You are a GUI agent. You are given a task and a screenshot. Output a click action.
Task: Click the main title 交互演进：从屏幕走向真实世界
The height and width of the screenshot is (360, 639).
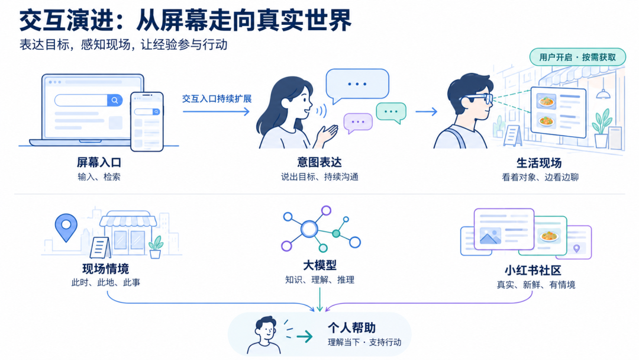pos(185,20)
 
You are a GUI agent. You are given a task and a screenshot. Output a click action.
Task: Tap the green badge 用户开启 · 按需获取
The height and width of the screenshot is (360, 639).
pos(577,57)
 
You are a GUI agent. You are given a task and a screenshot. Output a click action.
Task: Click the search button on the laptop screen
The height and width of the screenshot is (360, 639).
pos(115,100)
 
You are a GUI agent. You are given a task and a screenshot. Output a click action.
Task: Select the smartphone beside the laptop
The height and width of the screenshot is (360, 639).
pos(147,121)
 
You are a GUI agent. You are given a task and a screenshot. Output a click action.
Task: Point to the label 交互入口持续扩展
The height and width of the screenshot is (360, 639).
pos(217,99)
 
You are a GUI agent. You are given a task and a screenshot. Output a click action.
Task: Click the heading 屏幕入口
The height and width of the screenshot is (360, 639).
pos(99,163)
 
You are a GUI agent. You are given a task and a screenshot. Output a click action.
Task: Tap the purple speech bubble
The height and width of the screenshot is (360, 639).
pos(358,123)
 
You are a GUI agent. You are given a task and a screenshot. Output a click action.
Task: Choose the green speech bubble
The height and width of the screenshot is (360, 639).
pos(391,112)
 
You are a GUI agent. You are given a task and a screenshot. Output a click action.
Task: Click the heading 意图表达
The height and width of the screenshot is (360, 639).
pos(319,163)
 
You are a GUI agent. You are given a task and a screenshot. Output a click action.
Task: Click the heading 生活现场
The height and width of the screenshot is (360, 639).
pos(539,163)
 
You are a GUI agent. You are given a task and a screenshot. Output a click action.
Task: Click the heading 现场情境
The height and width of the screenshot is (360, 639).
pos(105,269)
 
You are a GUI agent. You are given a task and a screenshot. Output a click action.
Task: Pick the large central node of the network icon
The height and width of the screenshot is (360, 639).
pos(309,229)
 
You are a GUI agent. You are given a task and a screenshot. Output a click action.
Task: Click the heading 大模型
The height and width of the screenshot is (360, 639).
pos(319,265)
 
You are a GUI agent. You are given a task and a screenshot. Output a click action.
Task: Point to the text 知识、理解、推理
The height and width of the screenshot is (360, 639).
pos(319,280)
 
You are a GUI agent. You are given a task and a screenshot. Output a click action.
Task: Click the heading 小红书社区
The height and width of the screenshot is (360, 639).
pos(532,271)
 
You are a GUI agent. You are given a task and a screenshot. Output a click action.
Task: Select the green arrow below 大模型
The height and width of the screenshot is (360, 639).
pos(319,300)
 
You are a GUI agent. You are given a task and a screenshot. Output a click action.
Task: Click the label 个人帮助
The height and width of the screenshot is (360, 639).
pos(351,328)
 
